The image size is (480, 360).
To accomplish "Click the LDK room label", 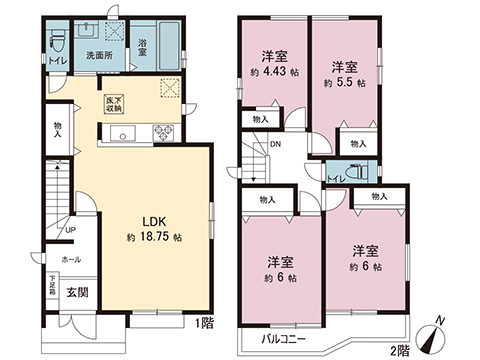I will (x=153, y=222).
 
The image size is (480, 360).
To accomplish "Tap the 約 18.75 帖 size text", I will (x=154, y=239).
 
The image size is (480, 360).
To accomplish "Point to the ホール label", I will (x=71, y=258).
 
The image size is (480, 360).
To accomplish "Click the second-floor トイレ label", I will (x=336, y=179).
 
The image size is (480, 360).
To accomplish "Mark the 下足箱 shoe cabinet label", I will (x=53, y=286).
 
